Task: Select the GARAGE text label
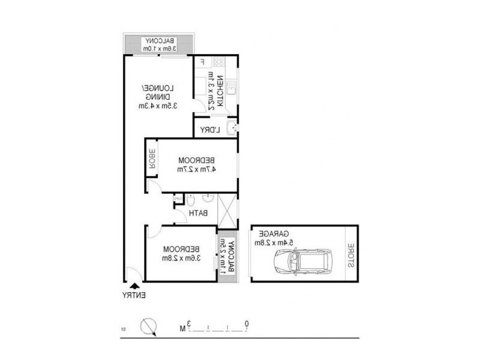[275, 233]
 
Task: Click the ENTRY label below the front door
[134, 295]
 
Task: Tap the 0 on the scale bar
[247, 325]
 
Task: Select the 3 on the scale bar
[188, 325]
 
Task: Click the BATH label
[198, 213]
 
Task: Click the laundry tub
[233, 127]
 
